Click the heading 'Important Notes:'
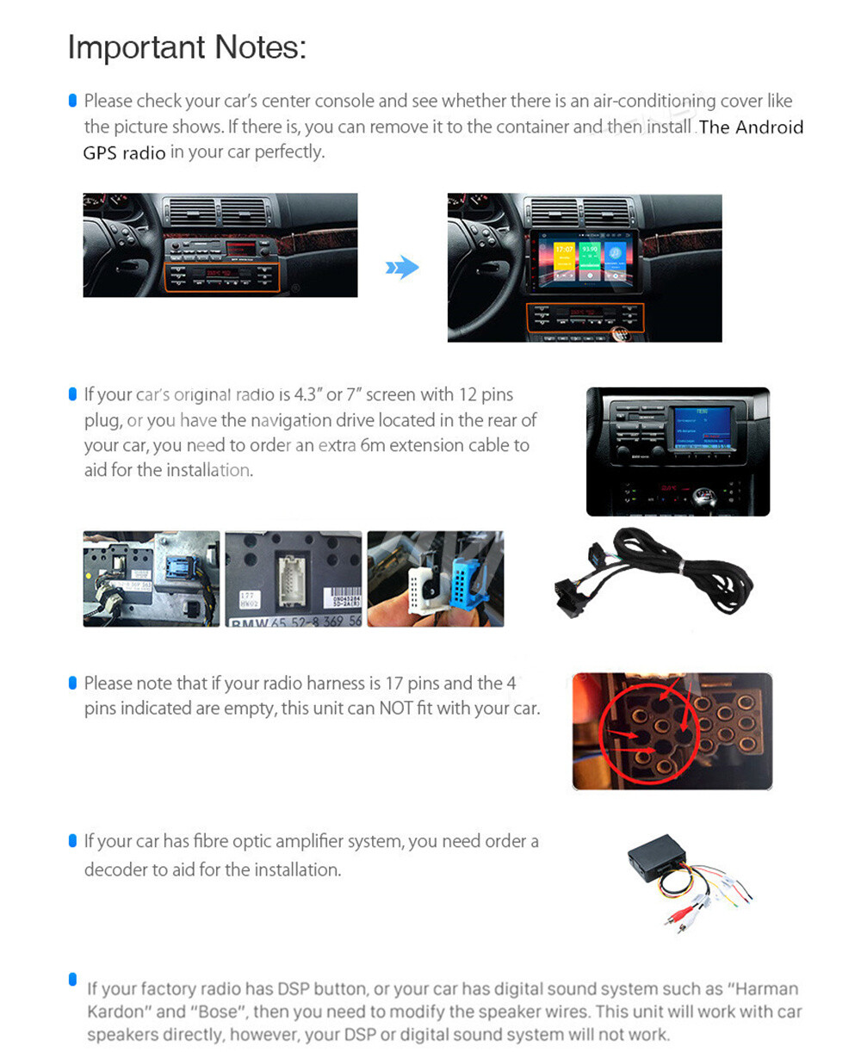[187, 47]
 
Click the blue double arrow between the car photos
[402, 268]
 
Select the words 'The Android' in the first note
[751, 127]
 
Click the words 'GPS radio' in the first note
[124, 153]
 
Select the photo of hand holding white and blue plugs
[436, 579]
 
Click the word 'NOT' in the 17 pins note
[395, 709]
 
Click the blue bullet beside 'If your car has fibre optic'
[72, 841]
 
